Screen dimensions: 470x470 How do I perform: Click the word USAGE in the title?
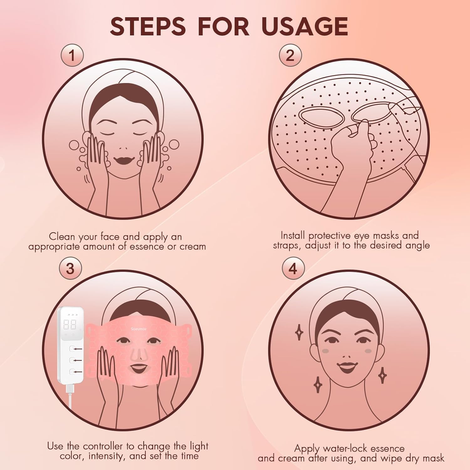pyautogui.click(x=305, y=26)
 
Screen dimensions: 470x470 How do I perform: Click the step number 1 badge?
pyautogui.click(x=72, y=55)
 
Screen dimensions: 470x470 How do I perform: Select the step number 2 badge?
pyautogui.click(x=290, y=55)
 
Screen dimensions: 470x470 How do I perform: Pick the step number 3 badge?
pyautogui.click(x=70, y=269)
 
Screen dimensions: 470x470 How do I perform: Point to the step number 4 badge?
pyautogui.click(x=293, y=269)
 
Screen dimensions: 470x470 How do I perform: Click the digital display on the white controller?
pyautogui.click(x=70, y=325)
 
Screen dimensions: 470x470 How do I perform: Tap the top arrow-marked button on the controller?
pyautogui.click(x=72, y=348)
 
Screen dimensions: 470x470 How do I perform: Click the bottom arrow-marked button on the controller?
pyautogui.click(x=72, y=372)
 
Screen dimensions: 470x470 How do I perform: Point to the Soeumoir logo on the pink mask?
pyautogui.click(x=139, y=329)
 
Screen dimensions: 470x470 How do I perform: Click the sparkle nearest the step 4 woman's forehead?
pyautogui.click(x=299, y=332)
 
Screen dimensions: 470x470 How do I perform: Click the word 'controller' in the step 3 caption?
pyautogui.click(x=104, y=446)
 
